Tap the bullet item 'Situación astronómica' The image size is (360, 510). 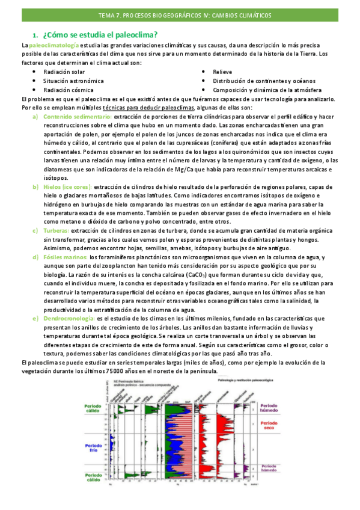click(x=73, y=81)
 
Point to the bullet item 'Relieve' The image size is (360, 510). click(x=222, y=72)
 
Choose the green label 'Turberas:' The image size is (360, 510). click(x=56, y=223)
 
